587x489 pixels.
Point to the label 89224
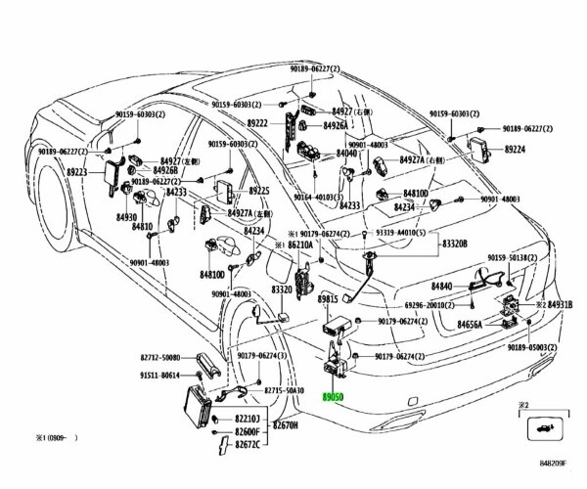[515, 152]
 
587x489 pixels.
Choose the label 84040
[347, 154]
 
